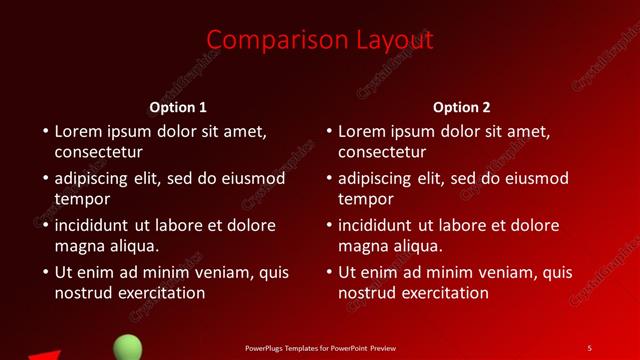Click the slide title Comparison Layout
coord(320,40)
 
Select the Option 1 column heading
coord(178,107)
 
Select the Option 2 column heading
coord(462,107)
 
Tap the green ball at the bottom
coord(127,348)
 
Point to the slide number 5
coord(589,348)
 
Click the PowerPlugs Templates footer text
coord(320,348)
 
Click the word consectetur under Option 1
coord(98,153)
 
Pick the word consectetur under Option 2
coord(382,153)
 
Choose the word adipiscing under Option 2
coord(375,179)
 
